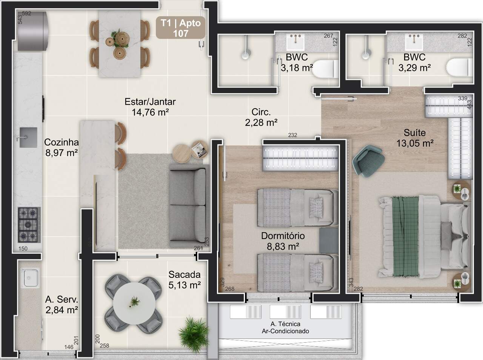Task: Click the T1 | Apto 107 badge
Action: (180, 28)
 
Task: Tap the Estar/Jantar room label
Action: (150, 102)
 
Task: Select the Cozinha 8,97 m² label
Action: (62, 147)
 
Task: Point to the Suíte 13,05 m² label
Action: (415, 138)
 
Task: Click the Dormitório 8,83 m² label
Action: (283, 241)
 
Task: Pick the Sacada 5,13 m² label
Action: (185, 280)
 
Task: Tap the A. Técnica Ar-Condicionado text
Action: (285, 328)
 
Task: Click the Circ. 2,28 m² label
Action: (261, 117)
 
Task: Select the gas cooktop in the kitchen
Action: (29, 225)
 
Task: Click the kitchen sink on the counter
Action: (28, 137)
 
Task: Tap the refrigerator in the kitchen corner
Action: (32, 31)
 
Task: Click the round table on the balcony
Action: (134, 303)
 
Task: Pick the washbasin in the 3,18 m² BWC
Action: (295, 42)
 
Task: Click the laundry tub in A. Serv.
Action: (31, 278)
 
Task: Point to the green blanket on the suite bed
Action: (405, 236)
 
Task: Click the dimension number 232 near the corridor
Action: (292, 135)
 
